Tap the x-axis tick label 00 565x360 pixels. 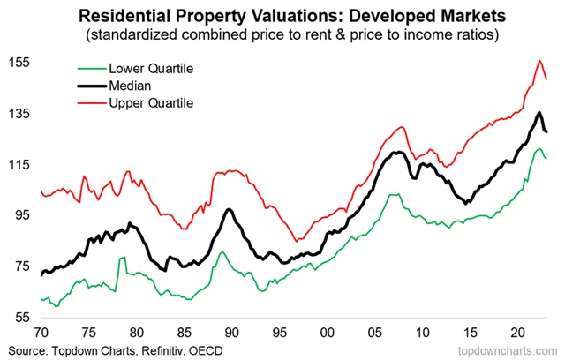tap(326, 334)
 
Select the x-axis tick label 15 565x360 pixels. tap(468, 334)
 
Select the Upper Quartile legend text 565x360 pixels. tap(149, 103)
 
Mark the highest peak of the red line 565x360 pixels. tap(539, 60)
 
